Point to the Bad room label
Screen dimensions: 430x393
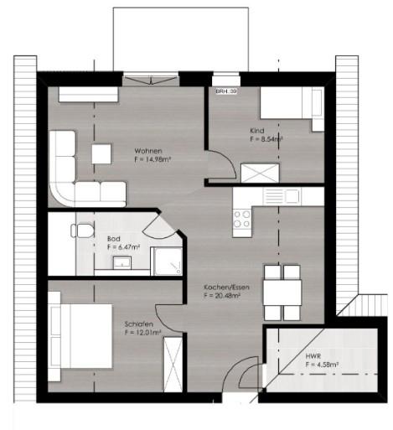(112, 239)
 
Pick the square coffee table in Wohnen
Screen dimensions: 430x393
(102, 153)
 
